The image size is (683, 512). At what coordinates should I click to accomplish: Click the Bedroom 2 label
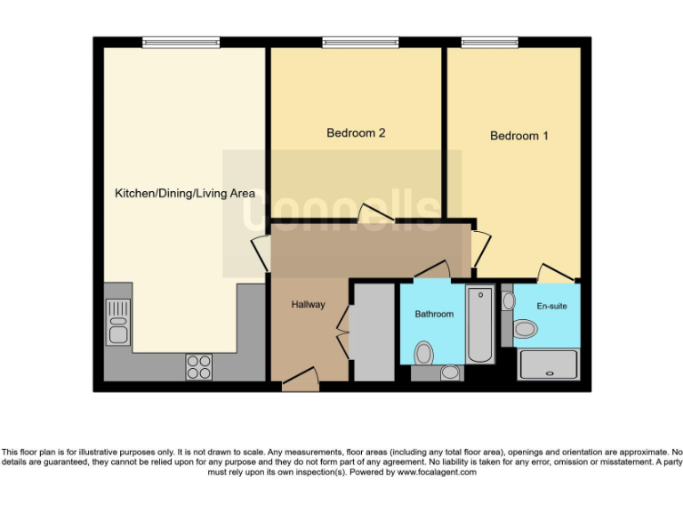(x=356, y=133)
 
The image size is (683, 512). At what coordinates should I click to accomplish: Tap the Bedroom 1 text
(x=519, y=136)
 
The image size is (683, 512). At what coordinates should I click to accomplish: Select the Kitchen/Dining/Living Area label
(x=185, y=193)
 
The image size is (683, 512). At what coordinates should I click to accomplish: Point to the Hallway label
(x=309, y=305)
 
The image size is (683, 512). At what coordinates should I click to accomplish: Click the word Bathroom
(x=434, y=314)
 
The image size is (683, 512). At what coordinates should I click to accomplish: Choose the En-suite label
(x=551, y=307)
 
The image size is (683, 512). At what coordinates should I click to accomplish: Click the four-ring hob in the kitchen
(x=198, y=366)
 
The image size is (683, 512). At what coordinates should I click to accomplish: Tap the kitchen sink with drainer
(x=117, y=322)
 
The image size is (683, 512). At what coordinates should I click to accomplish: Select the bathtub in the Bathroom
(x=480, y=324)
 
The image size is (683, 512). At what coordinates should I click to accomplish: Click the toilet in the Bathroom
(x=424, y=354)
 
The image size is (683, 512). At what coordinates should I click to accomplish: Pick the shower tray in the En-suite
(x=548, y=365)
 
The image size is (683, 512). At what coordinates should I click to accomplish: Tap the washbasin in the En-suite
(x=508, y=301)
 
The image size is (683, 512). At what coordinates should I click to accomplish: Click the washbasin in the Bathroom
(x=451, y=372)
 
